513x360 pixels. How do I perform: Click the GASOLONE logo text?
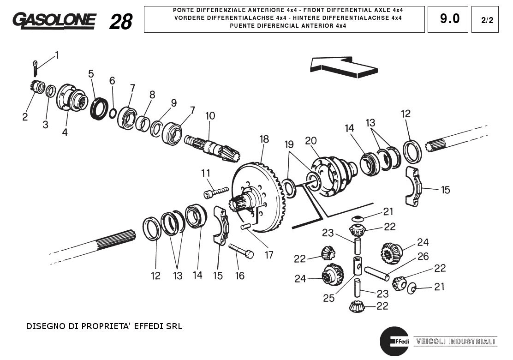point(54,20)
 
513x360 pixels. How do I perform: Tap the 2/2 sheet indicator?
point(485,20)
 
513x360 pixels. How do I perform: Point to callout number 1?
point(57,55)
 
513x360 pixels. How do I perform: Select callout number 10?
point(210,115)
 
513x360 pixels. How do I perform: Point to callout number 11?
point(205,173)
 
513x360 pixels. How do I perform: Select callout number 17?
point(269,254)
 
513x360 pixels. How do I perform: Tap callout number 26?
point(423,256)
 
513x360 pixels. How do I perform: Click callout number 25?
point(328,298)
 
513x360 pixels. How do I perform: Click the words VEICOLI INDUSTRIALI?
point(455,342)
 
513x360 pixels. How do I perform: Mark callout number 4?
point(65,132)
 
